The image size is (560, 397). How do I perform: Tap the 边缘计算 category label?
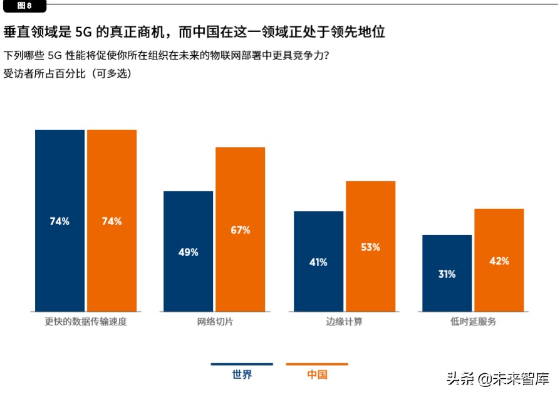(344, 322)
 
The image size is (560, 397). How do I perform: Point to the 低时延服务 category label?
(473, 322)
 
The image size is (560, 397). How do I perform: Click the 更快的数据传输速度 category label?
(86, 322)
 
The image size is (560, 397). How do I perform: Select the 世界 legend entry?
(242, 374)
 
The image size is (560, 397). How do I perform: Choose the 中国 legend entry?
(317, 374)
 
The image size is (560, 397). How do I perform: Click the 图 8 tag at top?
(23, 6)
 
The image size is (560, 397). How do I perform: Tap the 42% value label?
(499, 261)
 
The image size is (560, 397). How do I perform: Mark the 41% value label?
(318, 262)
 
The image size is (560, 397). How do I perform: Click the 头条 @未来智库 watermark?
(497, 379)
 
